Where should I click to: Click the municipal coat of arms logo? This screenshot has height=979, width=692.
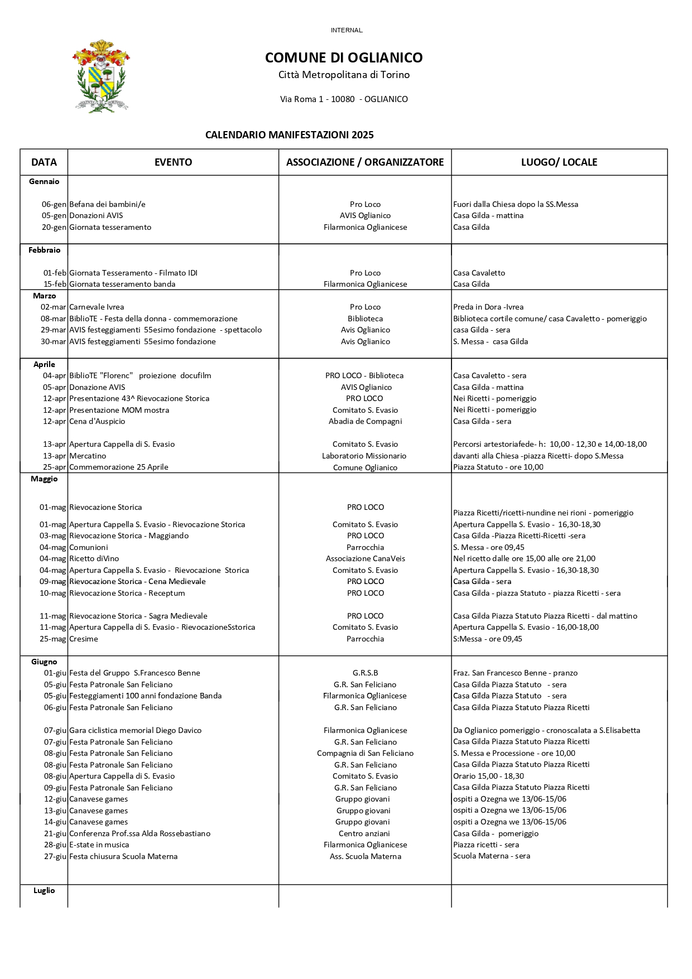tap(101, 76)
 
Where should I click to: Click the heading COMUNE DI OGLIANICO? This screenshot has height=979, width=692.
tap(344, 57)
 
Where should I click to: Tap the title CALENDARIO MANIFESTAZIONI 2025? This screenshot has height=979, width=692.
tap(289, 135)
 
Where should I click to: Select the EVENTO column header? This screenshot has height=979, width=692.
tap(173, 162)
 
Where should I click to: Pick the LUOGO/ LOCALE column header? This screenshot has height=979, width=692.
tap(559, 162)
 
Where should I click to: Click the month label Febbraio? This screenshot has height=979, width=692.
tap(44, 250)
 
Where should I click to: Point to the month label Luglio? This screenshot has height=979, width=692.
tap(44, 890)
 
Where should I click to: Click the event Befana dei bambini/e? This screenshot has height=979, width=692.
tap(107, 204)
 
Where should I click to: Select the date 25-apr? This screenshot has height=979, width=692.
tap(55, 467)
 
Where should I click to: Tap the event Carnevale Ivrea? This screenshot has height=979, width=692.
tap(97, 307)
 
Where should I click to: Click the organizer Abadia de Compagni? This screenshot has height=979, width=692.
tap(365, 421)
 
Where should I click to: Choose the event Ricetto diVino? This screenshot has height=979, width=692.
tap(94, 558)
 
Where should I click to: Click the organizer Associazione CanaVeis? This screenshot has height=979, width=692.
tap(365, 558)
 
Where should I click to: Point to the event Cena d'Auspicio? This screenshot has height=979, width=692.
tap(97, 421)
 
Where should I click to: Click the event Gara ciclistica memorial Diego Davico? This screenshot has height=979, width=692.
tap(135, 730)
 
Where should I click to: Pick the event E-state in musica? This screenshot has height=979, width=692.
tap(99, 845)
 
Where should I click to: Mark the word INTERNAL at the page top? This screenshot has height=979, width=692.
tap(347, 30)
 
